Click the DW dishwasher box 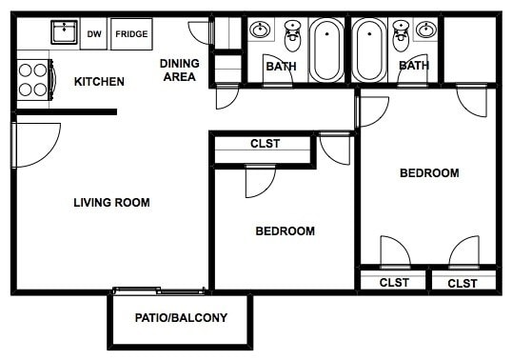94,34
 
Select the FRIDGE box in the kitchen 130,34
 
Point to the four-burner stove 33,79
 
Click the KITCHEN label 99,82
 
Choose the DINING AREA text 179,70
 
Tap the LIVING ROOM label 111,202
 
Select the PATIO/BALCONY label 181,317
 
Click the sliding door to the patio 158,290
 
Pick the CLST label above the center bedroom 265,145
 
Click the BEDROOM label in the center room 285,231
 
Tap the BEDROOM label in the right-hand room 428,173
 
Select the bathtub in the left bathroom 326,50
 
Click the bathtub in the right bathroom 368,50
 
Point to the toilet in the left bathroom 292,38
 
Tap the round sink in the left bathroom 259,30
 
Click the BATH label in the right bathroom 413,66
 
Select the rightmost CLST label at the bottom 463,283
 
